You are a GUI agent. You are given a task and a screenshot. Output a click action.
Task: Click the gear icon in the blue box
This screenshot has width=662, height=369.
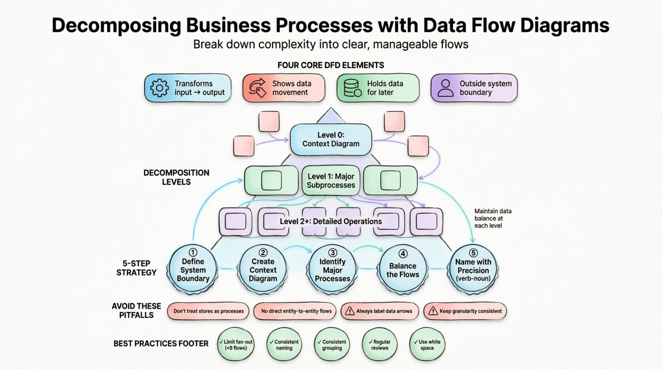point(160,88)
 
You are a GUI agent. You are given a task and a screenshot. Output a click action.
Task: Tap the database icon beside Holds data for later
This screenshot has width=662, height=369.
point(352,88)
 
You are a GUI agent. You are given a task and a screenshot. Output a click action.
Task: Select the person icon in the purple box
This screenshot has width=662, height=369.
point(445,88)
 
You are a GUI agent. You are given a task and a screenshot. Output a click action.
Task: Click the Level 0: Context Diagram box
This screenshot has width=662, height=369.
point(331,139)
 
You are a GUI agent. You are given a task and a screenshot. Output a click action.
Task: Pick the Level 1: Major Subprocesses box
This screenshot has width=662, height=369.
point(331,181)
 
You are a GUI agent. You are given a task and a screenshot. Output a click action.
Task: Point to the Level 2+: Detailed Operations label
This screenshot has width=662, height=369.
point(331,221)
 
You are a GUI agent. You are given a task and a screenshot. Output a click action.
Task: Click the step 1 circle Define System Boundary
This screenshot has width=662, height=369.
point(193,269)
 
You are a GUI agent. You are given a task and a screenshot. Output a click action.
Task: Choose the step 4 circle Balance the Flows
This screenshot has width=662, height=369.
point(403,269)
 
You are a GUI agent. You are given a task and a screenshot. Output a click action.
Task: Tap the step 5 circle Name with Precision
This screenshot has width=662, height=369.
point(473,269)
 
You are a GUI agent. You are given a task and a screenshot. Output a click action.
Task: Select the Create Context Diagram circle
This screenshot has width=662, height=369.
point(263,269)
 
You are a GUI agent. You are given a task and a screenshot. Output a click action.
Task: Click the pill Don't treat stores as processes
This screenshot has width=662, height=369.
point(208,311)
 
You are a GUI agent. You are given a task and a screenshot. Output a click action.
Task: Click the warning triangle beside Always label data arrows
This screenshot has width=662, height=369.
point(350,311)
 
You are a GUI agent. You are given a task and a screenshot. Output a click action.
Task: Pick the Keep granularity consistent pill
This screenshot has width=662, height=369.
point(465,311)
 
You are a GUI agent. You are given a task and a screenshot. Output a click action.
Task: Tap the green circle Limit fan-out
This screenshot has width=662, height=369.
point(236,344)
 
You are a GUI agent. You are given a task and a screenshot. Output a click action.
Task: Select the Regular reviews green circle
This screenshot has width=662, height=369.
point(380,344)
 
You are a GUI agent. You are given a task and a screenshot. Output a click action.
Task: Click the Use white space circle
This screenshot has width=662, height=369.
point(427,344)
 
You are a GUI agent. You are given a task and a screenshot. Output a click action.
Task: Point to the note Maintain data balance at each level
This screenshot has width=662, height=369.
point(493,218)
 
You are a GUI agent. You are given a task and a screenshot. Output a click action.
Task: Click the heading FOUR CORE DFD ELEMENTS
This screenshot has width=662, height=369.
point(331,65)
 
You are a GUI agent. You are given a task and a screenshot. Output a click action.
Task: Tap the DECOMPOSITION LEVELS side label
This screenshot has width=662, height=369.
point(176,177)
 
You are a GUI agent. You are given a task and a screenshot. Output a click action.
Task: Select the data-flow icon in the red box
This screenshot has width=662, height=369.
point(257,88)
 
